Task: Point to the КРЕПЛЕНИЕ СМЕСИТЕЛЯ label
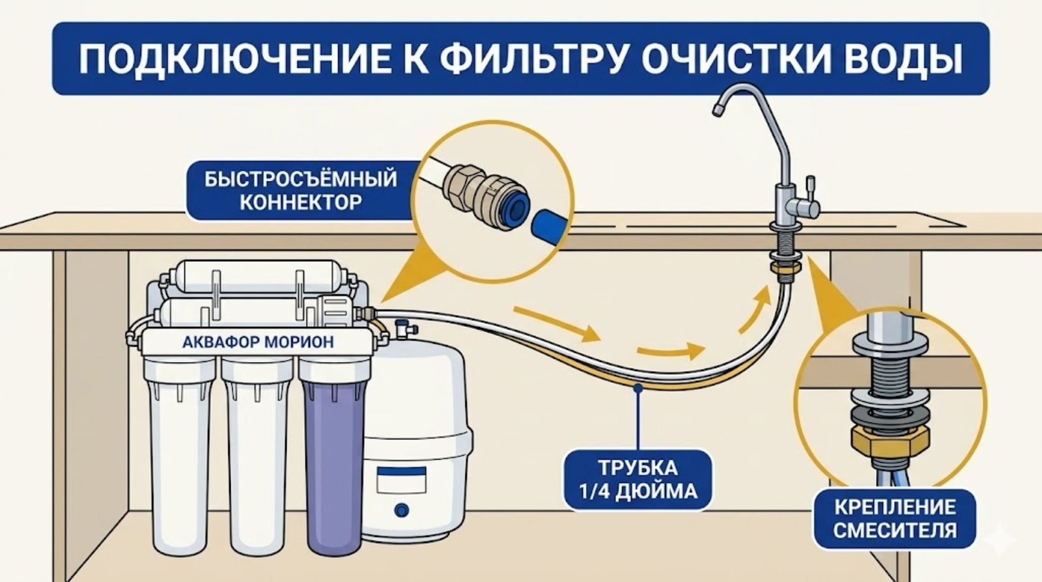[895, 518]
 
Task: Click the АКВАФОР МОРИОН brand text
[258, 342]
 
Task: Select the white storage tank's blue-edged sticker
[401, 482]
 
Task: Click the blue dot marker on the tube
[638, 388]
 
